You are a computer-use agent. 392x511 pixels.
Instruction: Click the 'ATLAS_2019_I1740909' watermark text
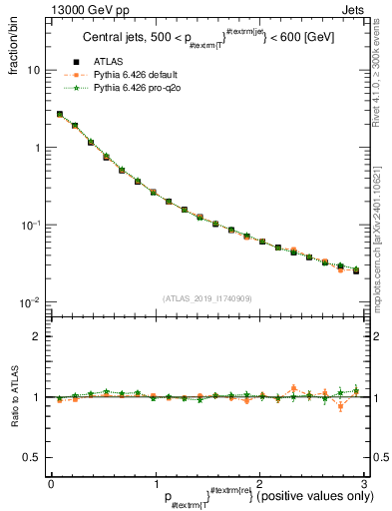point(206,297)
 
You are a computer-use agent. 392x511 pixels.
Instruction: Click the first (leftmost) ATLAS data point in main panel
point(60,115)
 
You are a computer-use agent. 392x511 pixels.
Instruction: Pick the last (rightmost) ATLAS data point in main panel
point(356,270)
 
